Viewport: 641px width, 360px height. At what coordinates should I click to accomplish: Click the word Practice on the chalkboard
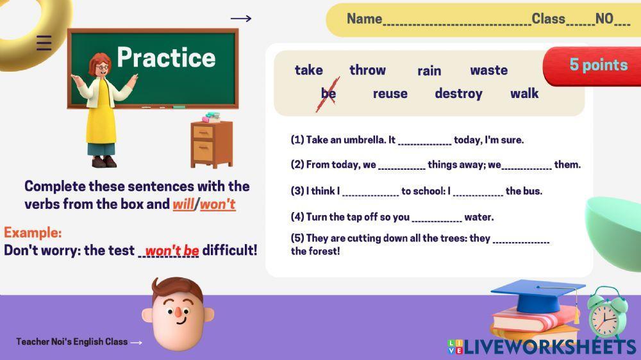(x=166, y=57)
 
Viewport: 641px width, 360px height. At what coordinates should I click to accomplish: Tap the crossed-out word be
(x=328, y=94)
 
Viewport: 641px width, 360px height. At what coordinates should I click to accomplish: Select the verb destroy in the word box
(x=458, y=94)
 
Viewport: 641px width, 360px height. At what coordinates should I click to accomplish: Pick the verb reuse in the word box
(x=390, y=94)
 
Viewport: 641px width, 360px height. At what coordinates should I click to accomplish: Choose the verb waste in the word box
(x=489, y=70)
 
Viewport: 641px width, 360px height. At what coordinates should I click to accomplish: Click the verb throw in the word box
(x=367, y=70)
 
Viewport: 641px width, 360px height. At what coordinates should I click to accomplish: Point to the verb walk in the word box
(x=524, y=94)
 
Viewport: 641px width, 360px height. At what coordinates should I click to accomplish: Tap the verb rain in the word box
(x=429, y=71)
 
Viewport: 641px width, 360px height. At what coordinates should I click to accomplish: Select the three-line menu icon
(x=44, y=43)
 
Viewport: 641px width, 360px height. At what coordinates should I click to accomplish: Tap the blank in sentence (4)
(x=437, y=220)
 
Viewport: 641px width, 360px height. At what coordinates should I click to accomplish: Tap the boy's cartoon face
(x=178, y=314)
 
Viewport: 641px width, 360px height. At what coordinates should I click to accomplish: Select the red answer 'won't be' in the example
(x=172, y=250)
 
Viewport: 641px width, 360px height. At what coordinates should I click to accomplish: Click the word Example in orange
(x=33, y=233)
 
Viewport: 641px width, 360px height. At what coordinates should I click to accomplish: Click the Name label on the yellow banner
(x=364, y=19)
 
